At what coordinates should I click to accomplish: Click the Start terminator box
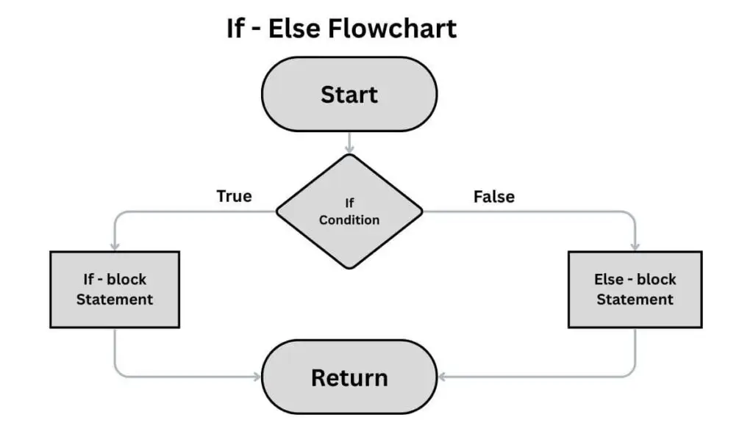[x=349, y=94]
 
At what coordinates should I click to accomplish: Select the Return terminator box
[x=349, y=377]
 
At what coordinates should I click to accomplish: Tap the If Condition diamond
[x=349, y=211]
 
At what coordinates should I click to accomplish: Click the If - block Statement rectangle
[x=115, y=289]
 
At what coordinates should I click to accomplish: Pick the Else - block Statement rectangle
[x=635, y=289]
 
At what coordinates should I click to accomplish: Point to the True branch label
[x=234, y=196]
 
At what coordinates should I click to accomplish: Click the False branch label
[x=493, y=197]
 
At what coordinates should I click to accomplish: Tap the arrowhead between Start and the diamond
[x=349, y=149]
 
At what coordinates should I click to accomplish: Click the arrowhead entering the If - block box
[x=115, y=246]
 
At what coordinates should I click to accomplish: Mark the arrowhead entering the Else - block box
[x=635, y=246]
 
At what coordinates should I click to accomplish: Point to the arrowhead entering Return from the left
[x=257, y=377]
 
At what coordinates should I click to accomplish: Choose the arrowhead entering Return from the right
[x=442, y=377]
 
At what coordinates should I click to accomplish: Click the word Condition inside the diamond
[x=349, y=220]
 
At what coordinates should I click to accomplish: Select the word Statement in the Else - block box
[x=635, y=300]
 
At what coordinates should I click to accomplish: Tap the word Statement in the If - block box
[x=115, y=300]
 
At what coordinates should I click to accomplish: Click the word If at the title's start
[x=235, y=28]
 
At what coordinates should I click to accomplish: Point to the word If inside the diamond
[x=349, y=203]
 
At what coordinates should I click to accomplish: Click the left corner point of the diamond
[x=277, y=211]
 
